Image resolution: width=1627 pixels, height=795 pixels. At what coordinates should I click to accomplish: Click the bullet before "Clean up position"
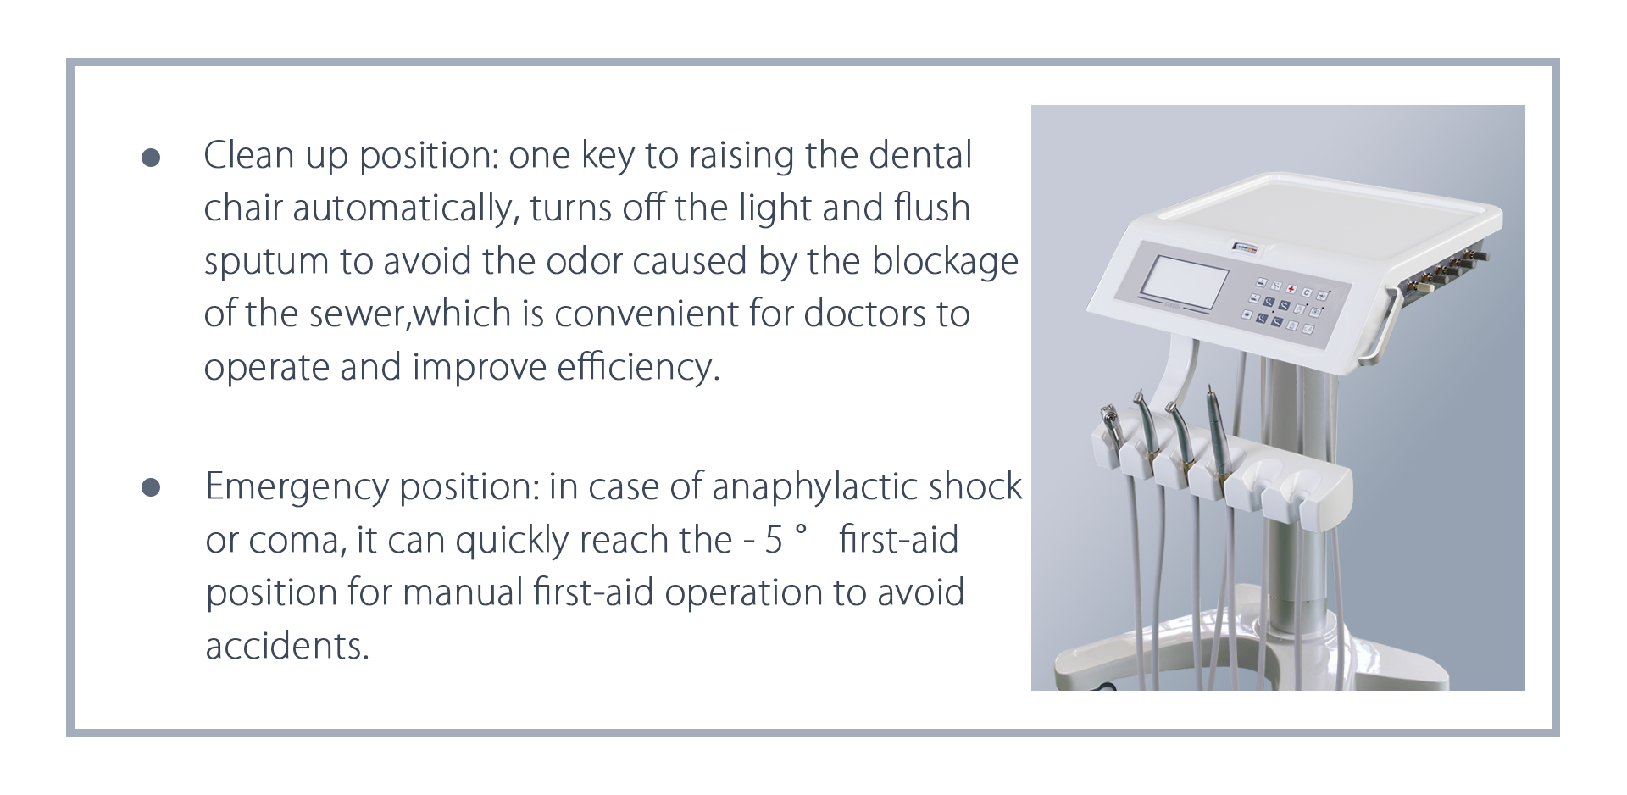pyautogui.click(x=151, y=158)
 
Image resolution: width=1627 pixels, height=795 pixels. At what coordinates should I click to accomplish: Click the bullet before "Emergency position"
pyautogui.click(x=151, y=488)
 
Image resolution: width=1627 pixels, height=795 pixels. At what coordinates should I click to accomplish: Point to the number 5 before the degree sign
pyautogui.click(x=774, y=541)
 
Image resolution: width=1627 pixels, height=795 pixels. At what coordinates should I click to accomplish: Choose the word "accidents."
pyautogui.click(x=288, y=647)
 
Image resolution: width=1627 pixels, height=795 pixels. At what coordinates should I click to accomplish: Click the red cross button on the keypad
pyautogui.click(x=1291, y=290)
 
